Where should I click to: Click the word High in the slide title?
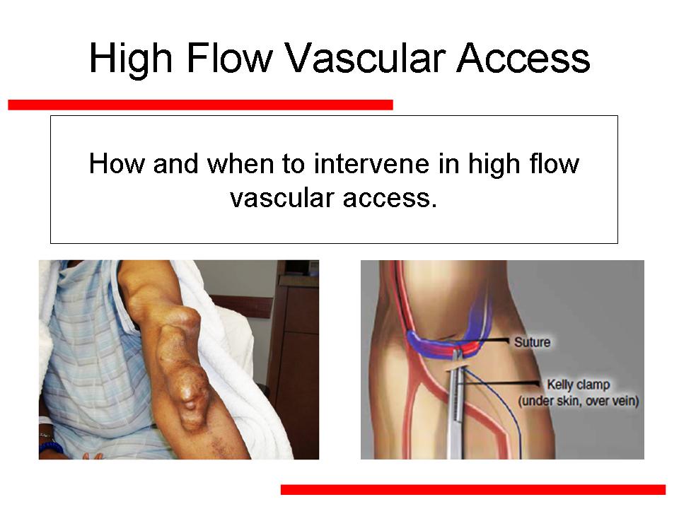click(x=131, y=59)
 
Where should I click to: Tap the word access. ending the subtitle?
click(x=390, y=199)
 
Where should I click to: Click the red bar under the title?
click(x=200, y=105)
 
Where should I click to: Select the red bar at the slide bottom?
click(x=473, y=489)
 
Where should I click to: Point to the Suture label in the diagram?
click(x=532, y=342)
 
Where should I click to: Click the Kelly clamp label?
click(x=579, y=385)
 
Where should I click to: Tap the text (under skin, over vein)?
click(x=579, y=401)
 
